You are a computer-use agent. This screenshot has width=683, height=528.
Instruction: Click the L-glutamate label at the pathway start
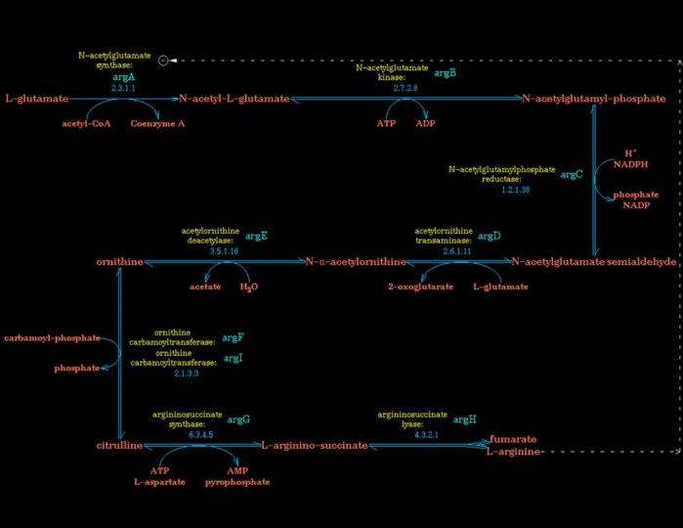(x=37, y=99)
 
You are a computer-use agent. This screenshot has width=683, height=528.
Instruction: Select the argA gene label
(x=123, y=76)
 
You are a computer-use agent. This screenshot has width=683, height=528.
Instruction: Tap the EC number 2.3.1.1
(x=123, y=88)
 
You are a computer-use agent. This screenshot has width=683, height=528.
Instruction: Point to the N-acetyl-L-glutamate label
(x=234, y=99)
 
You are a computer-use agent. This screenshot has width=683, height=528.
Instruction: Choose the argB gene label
(x=446, y=72)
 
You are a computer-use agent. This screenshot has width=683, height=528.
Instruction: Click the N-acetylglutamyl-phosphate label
(x=594, y=99)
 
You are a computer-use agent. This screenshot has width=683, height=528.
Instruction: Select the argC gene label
(x=572, y=174)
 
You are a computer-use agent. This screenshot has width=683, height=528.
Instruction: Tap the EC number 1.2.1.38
(x=515, y=190)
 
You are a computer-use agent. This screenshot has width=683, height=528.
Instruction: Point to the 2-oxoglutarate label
(x=419, y=286)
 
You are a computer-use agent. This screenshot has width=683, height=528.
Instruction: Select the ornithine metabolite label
(x=120, y=262)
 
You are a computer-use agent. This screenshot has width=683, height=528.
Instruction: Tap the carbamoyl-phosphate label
(x=52, y=337)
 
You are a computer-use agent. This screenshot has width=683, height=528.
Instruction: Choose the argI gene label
(x=233, y=359)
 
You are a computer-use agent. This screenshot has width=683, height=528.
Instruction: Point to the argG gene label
(x=238, y=419)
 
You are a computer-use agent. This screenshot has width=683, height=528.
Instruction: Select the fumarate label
(x=513, y=439)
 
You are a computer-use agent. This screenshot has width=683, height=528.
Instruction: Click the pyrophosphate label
(x=237, y=482)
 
